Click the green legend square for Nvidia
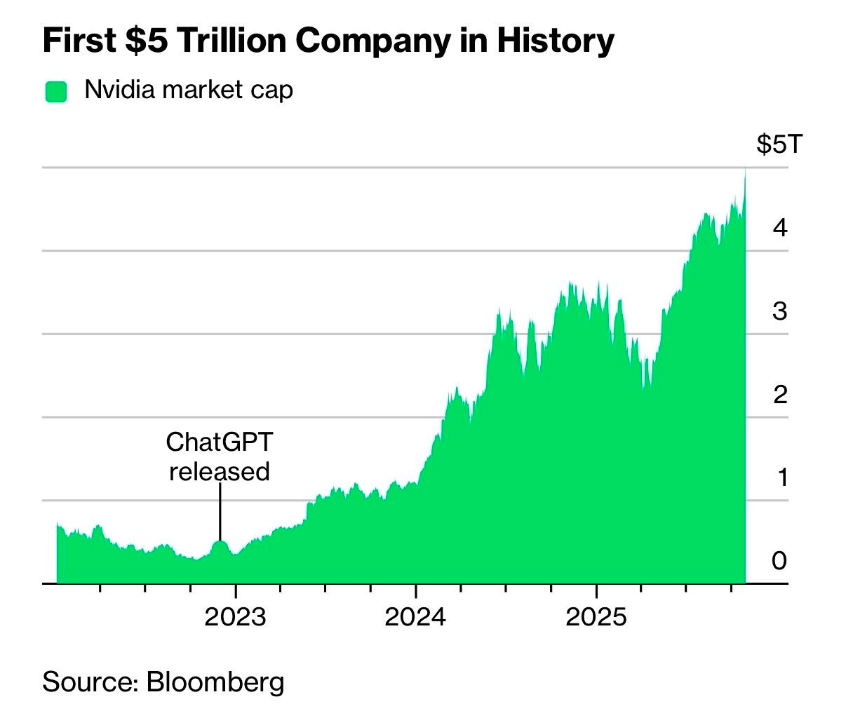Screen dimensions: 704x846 click(x=56, y=91)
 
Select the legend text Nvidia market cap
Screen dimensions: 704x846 click(x=188, y=90)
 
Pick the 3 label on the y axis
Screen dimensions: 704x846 click(x=779, y=311)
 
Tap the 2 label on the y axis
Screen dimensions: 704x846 click(x=779, y=394)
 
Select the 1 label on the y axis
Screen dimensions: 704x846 click(x=780, y=478)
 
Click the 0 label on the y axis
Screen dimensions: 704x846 click(x=779, y=561)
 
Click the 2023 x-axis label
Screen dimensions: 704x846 click(x=235, y=617)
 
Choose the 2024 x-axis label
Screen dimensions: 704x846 click(x=415, y=617)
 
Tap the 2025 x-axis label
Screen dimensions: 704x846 click(x=596, y=617)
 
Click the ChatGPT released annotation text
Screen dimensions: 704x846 click(x=220, y=456)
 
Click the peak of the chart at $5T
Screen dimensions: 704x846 click(x=744, y=170)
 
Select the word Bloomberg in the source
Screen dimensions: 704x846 click(x=215, y=682)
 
